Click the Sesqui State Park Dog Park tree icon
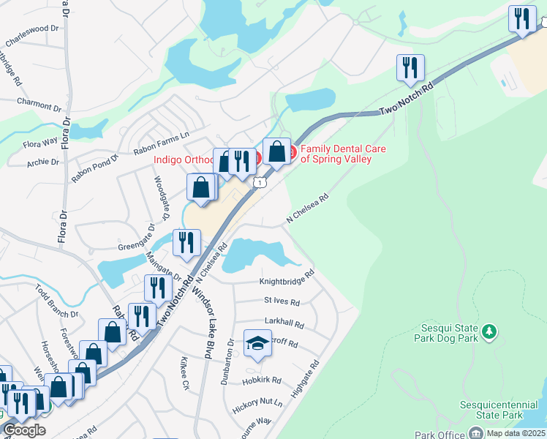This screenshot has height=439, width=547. pos(490,331)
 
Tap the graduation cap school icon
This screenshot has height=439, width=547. pos(257,345)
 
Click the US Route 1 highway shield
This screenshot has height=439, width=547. pos(259,181)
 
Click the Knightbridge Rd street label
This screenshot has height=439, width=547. pos(287,280)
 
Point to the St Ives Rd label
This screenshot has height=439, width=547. pos(282,301)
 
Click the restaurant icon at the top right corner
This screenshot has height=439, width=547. pos(522,19)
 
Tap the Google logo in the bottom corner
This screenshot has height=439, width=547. pos(24,430)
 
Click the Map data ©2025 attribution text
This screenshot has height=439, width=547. pos(516,433)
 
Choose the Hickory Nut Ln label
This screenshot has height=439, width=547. pos(257,402)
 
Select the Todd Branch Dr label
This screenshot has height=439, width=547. pos(56,301)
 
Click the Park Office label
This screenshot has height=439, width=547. pos(440,435)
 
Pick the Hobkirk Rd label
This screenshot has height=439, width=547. pos(262,380)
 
